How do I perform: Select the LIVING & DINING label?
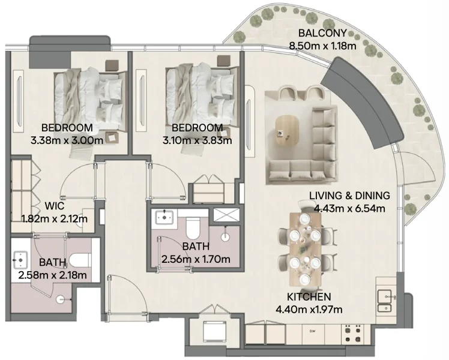click(x=349, y=196)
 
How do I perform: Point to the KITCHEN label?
click(x=309, y=297)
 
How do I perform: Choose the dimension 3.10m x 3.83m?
click(x=197, y=140)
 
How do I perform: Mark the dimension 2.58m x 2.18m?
click(x=53, y=275)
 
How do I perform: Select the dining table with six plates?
click(x=303, y=242)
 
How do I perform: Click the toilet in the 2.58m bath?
click(x=78, y=260)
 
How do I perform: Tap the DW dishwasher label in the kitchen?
click(x=312, y=331)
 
